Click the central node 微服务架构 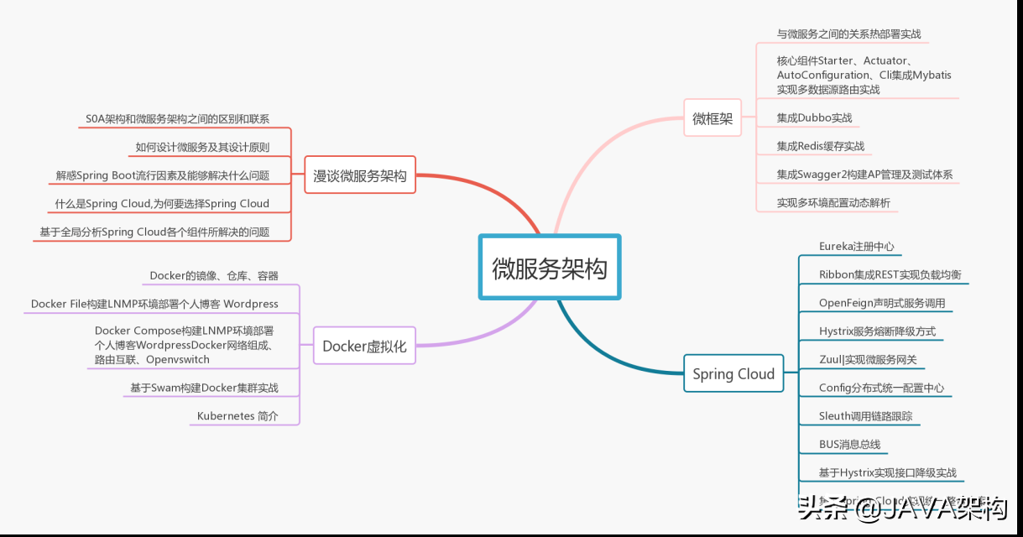(550, 268)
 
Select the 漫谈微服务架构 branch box (359, 176)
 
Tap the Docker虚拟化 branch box (364, 346)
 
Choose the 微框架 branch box (712, 118)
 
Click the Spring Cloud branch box (733, 374)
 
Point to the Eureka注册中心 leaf (856, 247)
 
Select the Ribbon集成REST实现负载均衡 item (890, 275)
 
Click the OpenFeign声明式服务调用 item (882, 303)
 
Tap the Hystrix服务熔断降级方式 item (877, 331)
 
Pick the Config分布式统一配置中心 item (881, 388)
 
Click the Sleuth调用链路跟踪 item (865, 416)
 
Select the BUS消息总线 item (849, 445)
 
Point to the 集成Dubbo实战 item (814, 118)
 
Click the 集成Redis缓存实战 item (820, 146)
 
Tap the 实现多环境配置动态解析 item (833, 203)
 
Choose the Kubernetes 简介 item (237, 416)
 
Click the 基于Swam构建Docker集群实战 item (204, 388)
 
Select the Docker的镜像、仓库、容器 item (214, 275)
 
